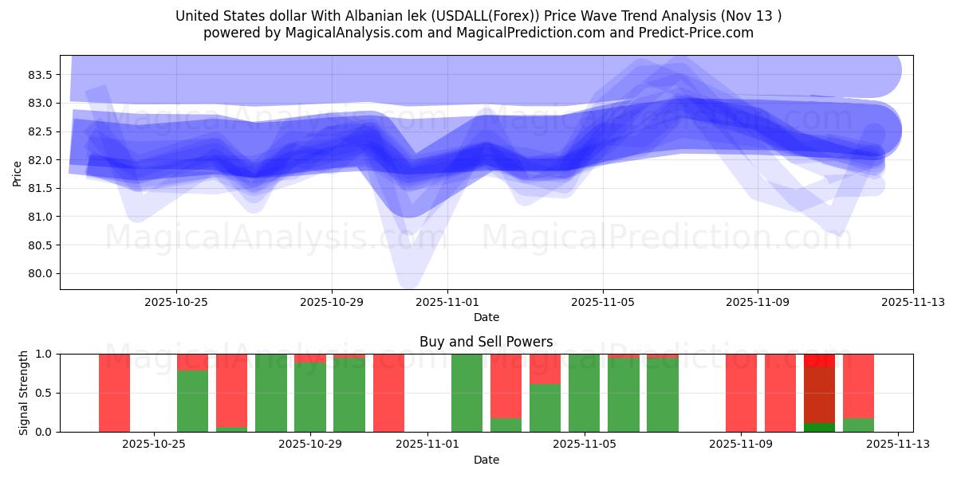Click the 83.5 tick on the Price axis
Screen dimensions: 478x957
point(41,75)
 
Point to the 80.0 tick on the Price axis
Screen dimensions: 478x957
point(41,273)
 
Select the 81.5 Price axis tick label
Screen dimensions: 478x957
point(41,188)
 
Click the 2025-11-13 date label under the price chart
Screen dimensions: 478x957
point(912,302)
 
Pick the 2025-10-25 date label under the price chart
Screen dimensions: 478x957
point(176,302)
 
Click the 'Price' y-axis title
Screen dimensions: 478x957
point(18,174)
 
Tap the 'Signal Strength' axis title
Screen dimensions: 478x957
point(24,393)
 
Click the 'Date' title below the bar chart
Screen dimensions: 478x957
point(486,460)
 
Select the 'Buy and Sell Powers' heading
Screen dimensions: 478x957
point(486,342)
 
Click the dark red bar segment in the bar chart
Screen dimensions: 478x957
point(819,394)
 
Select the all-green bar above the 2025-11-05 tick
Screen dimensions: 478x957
point(584,393)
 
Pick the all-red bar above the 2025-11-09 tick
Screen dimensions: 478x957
point(741,393)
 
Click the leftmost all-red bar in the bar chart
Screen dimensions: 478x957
point(114,393)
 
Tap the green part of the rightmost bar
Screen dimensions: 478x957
point(858,425)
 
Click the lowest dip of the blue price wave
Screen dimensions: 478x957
point(408,279)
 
